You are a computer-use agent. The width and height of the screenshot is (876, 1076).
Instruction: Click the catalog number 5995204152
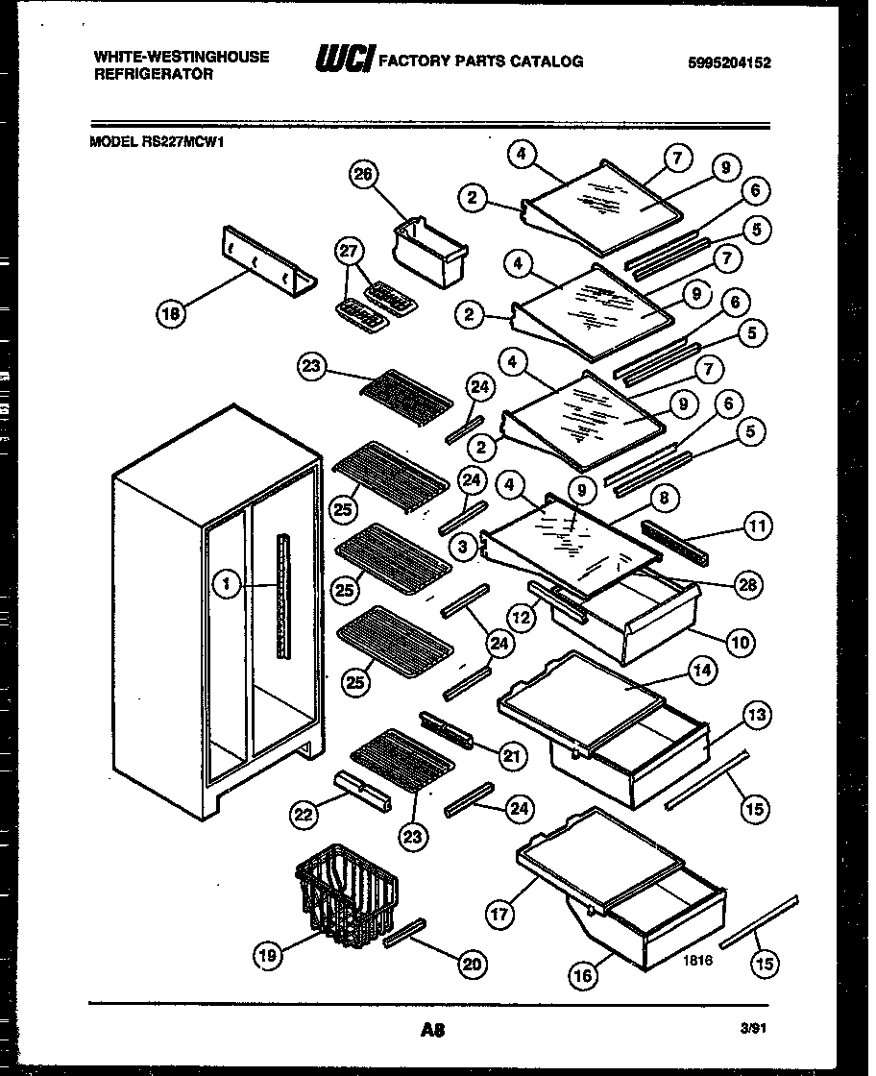(x=730, y=63)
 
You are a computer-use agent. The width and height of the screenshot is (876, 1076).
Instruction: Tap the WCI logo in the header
(x=345, y=61)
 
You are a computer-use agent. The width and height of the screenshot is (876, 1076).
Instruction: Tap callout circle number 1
(x=227, y=583)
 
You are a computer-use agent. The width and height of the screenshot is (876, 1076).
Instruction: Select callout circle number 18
(x=170, y=311)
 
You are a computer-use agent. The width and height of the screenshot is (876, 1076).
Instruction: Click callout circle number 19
(x=270, y=954)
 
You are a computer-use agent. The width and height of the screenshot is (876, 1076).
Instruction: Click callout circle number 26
(x=367, y=175)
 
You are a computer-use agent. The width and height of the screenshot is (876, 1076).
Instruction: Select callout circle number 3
(x=464, y=547)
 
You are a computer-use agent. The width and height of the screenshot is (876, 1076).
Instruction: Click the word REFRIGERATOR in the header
(x=154, y=74)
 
